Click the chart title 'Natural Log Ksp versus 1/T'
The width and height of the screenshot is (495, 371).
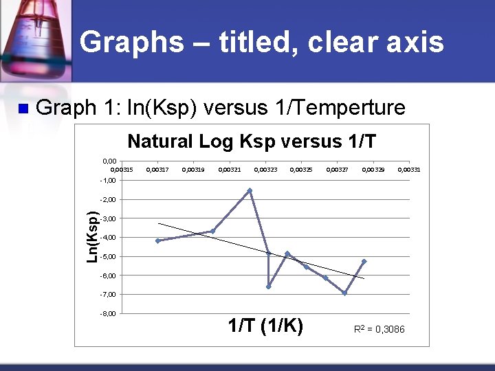(252, 142)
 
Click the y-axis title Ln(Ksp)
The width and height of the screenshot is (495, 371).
(91, 236)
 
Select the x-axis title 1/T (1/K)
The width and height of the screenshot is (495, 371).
(265, 326)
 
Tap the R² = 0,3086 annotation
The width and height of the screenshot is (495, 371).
(379, 330)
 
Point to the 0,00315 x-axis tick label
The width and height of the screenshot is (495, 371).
(122, 169)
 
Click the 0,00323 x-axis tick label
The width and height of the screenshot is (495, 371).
(265, 169)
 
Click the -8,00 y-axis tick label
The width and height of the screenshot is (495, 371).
(109, 313)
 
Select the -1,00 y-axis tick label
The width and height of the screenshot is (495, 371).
(109, 181)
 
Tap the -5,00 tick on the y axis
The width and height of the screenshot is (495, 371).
(109, 256)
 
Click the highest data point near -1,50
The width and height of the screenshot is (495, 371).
(250, 190)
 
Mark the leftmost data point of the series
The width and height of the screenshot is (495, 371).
(157, 240)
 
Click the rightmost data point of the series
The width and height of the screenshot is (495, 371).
(364, 261)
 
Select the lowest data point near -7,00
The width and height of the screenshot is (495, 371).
(344, 293)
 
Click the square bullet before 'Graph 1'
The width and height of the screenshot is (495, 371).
(22, 109)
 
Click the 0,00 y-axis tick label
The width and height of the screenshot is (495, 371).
(109, 161)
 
